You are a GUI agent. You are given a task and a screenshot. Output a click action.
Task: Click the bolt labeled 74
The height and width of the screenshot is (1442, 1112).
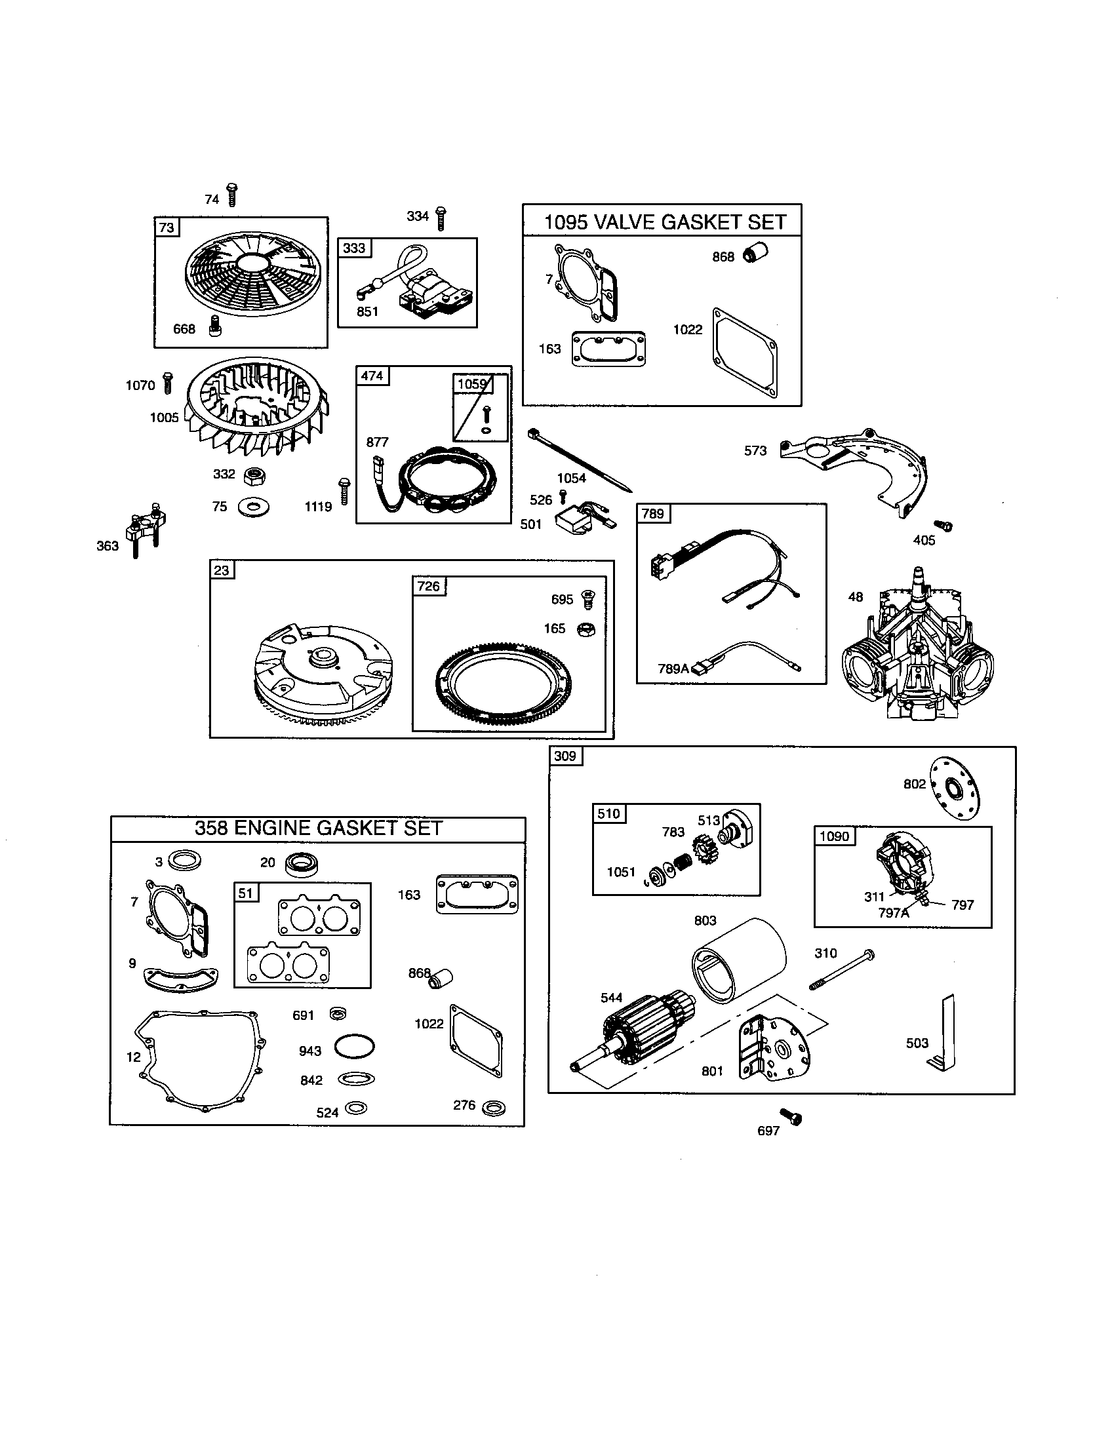[232, 195]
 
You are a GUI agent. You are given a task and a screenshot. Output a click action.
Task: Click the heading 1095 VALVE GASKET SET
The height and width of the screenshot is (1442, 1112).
[664, 222]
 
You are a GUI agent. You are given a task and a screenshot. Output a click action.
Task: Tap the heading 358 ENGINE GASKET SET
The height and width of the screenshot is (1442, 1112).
[317, 828]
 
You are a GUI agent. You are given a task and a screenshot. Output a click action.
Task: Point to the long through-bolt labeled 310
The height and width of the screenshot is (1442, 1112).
[842, 971]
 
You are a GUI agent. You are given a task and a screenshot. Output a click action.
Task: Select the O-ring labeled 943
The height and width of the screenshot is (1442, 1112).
[355, 1046]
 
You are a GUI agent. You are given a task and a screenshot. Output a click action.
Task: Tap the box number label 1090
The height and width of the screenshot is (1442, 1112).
[834, 836]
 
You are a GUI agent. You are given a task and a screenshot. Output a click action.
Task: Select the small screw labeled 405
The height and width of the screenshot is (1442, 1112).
[947, 526]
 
